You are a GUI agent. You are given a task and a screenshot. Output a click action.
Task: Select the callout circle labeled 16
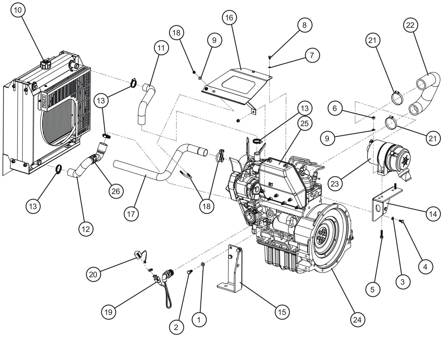point(229,18)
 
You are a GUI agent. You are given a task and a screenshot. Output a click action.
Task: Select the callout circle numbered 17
point(131,213)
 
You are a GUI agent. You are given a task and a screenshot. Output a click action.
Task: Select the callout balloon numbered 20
point(95,274)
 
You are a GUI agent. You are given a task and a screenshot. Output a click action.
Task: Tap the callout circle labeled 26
point(115,191)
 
